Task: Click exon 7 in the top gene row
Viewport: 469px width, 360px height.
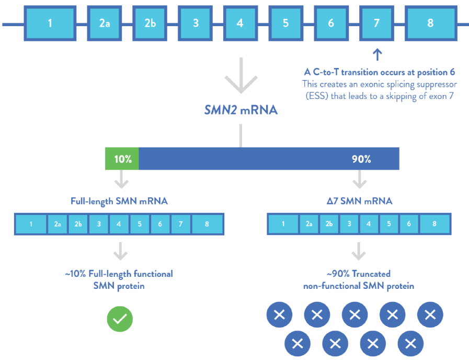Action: (376, 23)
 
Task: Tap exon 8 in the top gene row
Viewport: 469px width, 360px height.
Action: (430, 23)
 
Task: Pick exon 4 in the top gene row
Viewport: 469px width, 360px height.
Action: (240, 23)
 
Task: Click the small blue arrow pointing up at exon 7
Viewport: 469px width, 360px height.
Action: (378, 54)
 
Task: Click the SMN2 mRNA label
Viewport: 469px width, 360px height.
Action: (240, 111)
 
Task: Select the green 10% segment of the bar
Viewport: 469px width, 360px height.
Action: (122, 159)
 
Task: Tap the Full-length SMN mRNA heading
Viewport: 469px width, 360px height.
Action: (119, 201)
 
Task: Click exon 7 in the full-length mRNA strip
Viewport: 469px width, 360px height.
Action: (180, 224)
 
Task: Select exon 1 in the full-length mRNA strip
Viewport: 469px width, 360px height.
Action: (31, 224)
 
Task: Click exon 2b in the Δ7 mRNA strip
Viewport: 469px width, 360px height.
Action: (328, 224)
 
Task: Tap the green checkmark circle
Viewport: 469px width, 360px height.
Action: (120, 319)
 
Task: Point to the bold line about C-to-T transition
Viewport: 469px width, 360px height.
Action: (380, 72)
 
